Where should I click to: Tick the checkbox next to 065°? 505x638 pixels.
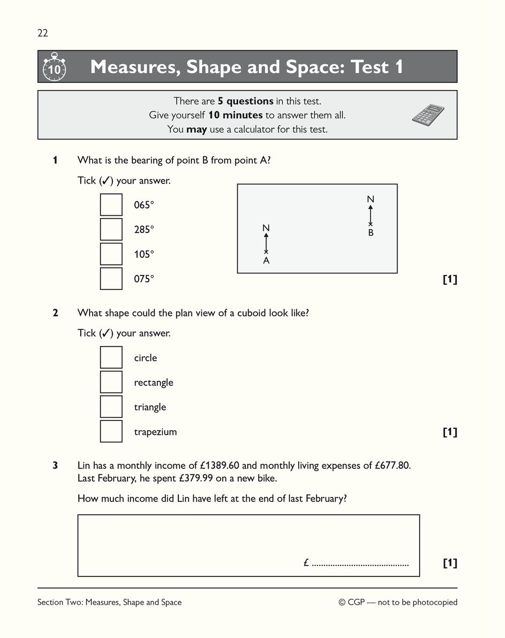click(x=111, y=205)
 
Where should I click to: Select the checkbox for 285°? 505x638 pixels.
click(x=111, y=229)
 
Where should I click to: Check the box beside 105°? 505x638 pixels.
click(x=111, y=254)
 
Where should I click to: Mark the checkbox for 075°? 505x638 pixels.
click(x=111, y=279)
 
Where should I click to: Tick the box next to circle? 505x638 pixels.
click(x=111, y=357)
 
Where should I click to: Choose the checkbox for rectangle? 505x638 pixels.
click(x=111, y=382)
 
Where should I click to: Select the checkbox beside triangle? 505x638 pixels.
click(x=111, y=407)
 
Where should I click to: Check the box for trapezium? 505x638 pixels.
click(x=111, y=432)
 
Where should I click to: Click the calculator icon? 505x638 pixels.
click(x=428, y=114)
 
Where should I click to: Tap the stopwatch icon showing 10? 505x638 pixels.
click(x=54, y=67)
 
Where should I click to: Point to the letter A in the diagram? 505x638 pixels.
click(x=266, y=261)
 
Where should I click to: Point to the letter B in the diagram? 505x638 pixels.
click(x=371, y=233)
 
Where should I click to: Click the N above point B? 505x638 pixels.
click(x=370, y=199)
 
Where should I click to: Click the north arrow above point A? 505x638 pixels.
click(x=266, y=242)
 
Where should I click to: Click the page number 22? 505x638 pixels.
click(x=43, y=33)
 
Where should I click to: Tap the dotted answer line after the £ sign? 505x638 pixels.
click(x=360, y=565)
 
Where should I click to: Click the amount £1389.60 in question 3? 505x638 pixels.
click(x=219, y=466)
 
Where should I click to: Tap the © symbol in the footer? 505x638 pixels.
click(x=342, y=602)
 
